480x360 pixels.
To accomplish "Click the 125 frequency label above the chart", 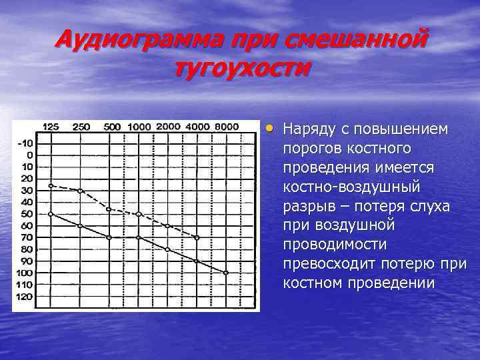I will coord(51,127).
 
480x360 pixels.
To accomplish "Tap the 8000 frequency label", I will coord(227,127).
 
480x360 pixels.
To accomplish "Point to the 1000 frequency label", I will coord(139,127).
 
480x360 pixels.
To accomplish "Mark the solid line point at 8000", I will coord(226,273).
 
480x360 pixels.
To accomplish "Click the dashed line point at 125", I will coord(51,185).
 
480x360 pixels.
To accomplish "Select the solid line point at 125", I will coord(51,214).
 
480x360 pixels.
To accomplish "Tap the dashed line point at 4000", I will coord(197,237).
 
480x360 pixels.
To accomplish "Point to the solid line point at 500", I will coord(109,237).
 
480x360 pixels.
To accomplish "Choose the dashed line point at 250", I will coord(80,191).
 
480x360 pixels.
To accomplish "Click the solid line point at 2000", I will coord(167,249).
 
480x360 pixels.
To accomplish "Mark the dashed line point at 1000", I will coord(139,214).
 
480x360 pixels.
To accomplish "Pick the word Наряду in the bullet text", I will coord(308,128).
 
